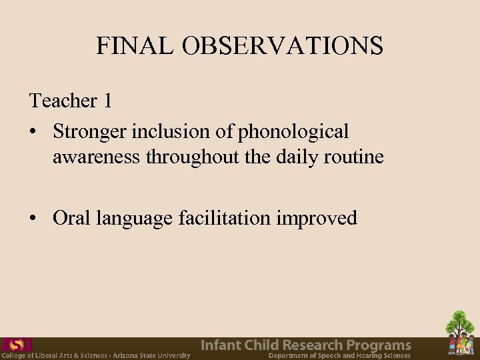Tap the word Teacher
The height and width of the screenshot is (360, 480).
[x=63, y=101]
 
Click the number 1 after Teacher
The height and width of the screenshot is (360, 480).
[x=107, y=101]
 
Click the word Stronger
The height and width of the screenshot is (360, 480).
[x=90, y=132]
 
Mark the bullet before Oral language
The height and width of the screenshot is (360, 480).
[x=33, y=219]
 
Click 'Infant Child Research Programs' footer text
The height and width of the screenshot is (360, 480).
[x=306, y=345]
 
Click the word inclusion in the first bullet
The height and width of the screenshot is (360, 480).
[x=172, y=132]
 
